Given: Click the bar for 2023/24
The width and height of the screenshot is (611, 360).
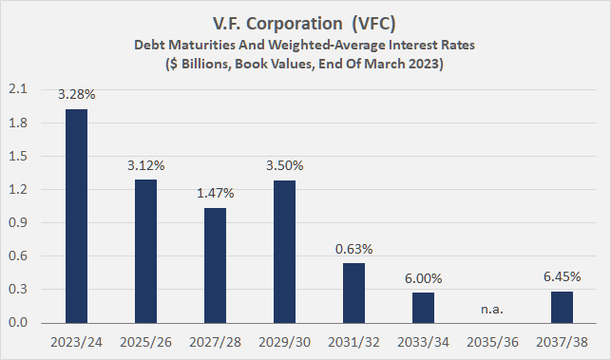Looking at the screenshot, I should coord(76,217).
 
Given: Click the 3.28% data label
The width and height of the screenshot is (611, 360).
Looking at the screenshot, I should coord(76,95).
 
